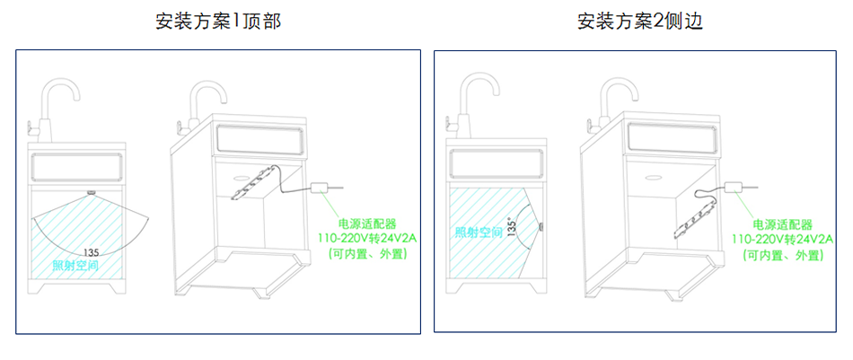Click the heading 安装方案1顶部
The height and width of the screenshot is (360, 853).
point(218,22)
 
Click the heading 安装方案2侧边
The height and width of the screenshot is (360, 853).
point(640,22)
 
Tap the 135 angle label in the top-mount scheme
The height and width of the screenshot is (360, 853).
point(91,252)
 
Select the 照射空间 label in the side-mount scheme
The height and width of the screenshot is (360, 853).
point(479,233)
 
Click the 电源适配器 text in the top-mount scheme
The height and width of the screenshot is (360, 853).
point(367,224)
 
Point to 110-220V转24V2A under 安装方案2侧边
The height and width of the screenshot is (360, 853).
point(782,240)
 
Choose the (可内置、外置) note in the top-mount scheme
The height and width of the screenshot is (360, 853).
point(367,253)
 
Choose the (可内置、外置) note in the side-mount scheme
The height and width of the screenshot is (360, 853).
point(782,254)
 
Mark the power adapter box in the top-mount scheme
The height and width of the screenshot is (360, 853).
point(321,189)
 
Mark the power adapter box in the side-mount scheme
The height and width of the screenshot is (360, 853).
point(735,187)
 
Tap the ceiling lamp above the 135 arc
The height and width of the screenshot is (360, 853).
point(91,192)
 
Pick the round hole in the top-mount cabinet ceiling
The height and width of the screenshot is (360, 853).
point(241,177)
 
